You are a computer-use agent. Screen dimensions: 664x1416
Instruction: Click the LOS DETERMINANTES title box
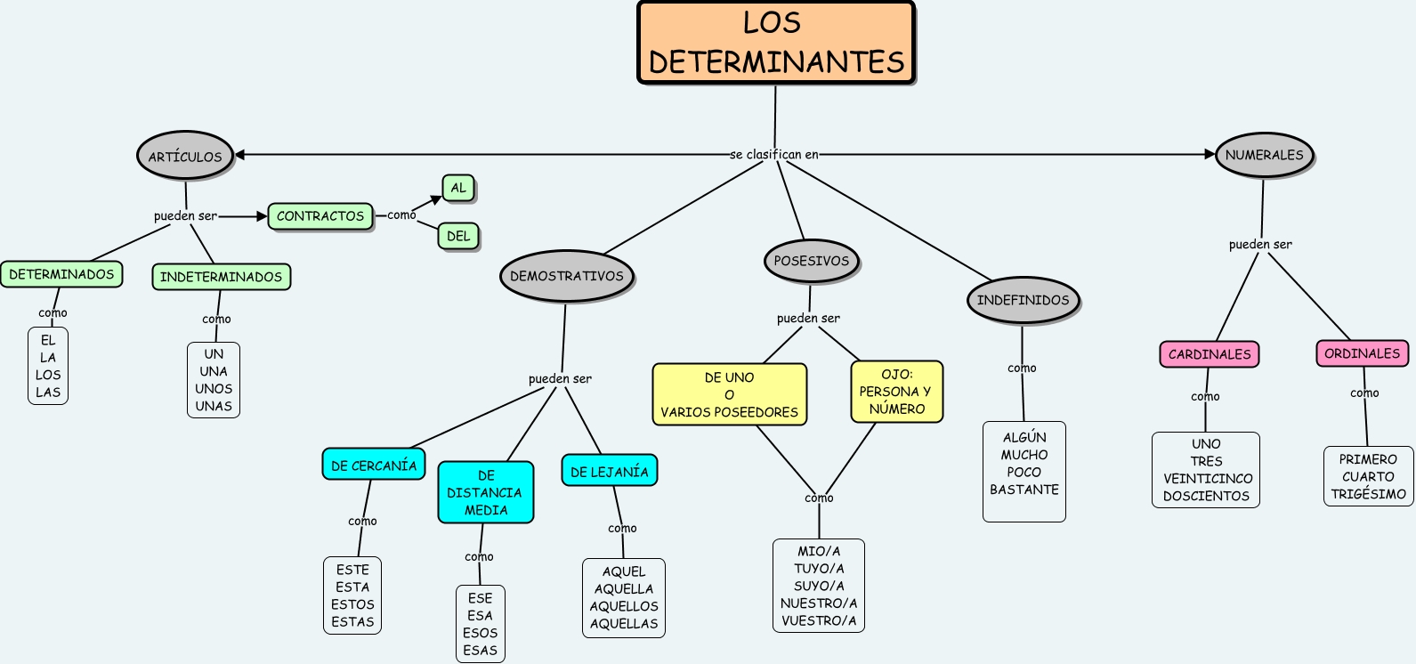[776, 43]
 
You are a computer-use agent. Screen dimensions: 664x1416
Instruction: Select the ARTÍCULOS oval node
[185, 157]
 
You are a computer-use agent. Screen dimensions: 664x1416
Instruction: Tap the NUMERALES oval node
[1264, 155]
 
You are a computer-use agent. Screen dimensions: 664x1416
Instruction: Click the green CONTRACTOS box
[320, 216]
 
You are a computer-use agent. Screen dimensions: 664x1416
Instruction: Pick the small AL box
[458, 188]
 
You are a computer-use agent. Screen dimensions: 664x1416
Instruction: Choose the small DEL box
[458, 236]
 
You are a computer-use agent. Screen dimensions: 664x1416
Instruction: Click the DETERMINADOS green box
[61, 274]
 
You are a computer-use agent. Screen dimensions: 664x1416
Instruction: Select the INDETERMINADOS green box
[221, 277]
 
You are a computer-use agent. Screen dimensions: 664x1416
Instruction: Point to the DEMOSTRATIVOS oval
[567, 276]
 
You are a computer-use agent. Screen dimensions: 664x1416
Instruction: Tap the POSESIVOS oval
[811, 261]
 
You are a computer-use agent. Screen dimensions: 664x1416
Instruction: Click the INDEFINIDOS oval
[1023, 300]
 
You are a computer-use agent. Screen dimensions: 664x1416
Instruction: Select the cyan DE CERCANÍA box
[374, 466]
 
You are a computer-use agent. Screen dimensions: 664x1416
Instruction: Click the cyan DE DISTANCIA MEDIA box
[486, 492]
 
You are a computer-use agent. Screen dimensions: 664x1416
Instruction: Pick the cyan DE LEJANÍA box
[610, 472]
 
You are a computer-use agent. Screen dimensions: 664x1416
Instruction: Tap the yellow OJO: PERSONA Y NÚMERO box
[896, 392]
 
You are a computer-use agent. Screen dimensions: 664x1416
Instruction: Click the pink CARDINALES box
[1210, 354]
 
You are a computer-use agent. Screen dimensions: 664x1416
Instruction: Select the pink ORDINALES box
[1362, 353]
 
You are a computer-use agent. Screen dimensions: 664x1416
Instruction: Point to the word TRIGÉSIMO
[1368, 494]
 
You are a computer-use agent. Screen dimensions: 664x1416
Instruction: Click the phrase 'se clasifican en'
[774, 155]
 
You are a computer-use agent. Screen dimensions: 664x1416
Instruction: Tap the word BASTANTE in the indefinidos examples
[1024, 490]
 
